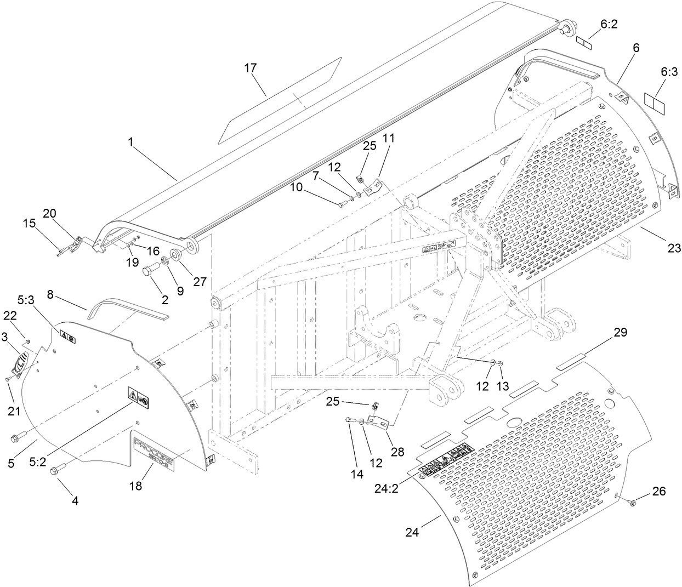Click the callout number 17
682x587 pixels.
click(x=250, y=68)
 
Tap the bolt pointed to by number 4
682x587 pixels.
click(x=56, y=470)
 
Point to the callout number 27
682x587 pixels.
click(x=200, y=281)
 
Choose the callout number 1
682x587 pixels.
click(x=131, y=141)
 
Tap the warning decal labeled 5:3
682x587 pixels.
click(x=68, y=338)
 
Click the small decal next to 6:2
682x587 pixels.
click(x=584, y=42)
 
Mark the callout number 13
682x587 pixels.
click(x=503, y=386)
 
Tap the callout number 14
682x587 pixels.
click(x=357, y=474)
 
